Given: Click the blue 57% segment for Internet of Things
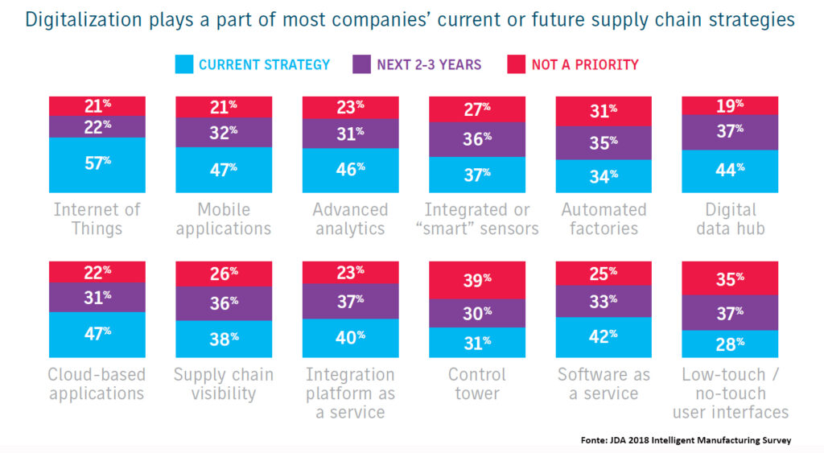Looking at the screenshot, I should (97, 165).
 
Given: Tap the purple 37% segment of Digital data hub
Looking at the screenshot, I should (729, 132).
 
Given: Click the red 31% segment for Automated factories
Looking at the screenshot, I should (603, 111).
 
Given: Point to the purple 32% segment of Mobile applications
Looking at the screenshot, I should (223, 132).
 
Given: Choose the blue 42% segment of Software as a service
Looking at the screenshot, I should (603, 336).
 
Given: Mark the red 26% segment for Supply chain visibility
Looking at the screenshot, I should (223, 274).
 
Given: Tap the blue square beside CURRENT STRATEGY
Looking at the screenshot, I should (183, 64).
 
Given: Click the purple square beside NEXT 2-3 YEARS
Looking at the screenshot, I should (360, 64).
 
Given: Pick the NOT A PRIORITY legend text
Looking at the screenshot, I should (584, 64).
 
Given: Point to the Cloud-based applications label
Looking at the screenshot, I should (97, 384).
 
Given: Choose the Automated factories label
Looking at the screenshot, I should (603, 219).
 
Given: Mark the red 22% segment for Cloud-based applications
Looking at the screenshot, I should (97, 271).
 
